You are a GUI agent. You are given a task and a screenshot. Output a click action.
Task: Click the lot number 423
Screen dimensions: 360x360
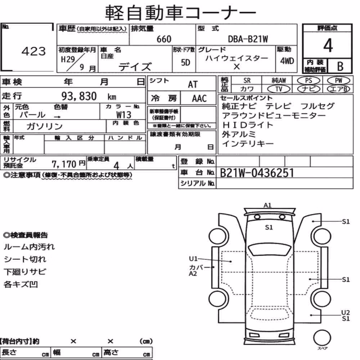pyautogui.click(x=34, y=51)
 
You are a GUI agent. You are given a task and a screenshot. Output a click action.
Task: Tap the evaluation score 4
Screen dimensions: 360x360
pyautogui.click(x=328, y=45)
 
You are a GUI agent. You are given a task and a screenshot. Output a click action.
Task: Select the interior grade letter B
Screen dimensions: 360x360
pyautogui.click(x=340, y=66)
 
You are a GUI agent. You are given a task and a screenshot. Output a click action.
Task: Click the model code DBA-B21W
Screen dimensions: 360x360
pyautogui.click(x=248, y=39)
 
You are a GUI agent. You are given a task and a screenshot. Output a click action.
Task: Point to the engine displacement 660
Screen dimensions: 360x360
pyautogui.click(x=164, y=39)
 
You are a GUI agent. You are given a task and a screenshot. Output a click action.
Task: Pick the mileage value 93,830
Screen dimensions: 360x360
pyautogui.click(x=79, y=96)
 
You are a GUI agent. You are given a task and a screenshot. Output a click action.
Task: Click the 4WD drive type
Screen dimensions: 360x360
pyautogui.click(x=287, y=61)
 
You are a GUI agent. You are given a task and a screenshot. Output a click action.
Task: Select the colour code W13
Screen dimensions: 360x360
pyautogui.click(x=124, y=114)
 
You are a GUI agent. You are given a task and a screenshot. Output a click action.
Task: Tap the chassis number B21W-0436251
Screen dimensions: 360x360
pyautogui.click(x=257, y=173)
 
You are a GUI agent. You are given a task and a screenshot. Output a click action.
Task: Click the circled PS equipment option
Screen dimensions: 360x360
pyautogui.click(x=309, y=81)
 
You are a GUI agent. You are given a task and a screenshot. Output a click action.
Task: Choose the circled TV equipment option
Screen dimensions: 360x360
pyautogui.click(x=279, y=89)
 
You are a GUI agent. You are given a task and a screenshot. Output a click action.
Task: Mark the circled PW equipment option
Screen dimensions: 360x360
pyautogui.click(x=338, y=81)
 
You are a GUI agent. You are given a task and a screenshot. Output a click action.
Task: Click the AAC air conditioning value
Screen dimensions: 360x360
pyautogui.click(x=199, y=98)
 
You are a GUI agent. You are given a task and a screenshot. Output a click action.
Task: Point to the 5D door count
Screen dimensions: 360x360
pyautogui.click(x=185, y=62)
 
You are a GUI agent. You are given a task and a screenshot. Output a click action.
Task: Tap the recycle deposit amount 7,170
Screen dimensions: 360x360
pyautogui.click(x=64, y=164)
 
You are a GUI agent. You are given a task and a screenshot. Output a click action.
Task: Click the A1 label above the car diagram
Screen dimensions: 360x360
pyautogui.click(x=267, y=205)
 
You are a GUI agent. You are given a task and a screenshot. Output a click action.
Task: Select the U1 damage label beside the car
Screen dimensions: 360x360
pyautogui.click(x=193, y=259)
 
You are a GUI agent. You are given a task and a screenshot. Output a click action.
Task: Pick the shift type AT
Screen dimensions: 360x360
pyautogui.click(x=193, y=85)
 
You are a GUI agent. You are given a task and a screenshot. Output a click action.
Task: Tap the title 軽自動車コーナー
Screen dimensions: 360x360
pyautogui.click(x=180, y=13)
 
